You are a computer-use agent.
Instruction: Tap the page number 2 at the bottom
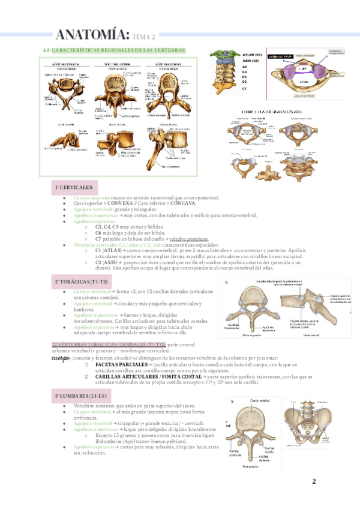pyautogui.click(x=314, y=481)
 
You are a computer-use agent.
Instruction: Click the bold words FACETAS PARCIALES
pyautogui.click(x=115, y=364)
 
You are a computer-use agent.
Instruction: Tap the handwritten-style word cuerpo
pyautogui.click(x=61, y=357)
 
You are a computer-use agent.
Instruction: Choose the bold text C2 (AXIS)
pyautogui.click(x=105, y=262)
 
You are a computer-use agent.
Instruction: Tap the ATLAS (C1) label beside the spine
pyautogui.click(x=252, y=55)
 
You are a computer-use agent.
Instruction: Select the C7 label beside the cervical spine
pyautogui.click(x=245, y=88)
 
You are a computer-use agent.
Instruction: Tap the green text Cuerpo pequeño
pyautogui.click(x=92, y=197)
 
